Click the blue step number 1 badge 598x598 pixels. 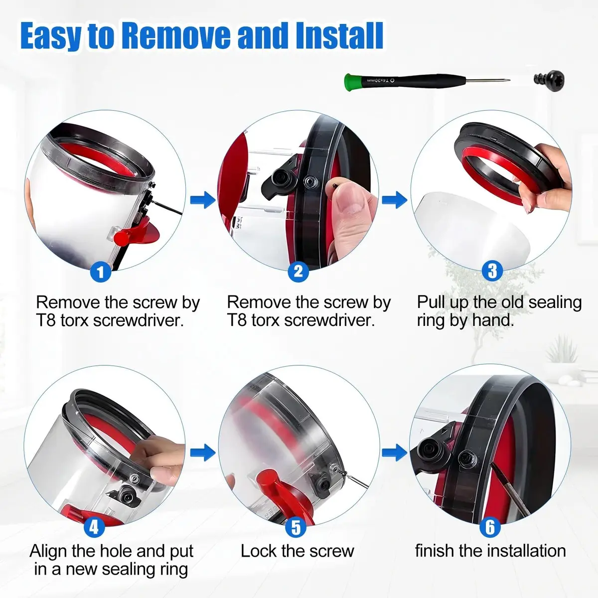coord(101,272)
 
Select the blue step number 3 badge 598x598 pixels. coord(492,271)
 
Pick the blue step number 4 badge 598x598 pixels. coord(94,527)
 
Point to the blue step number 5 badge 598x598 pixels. coord(296,527)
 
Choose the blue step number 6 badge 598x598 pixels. coord(490,527)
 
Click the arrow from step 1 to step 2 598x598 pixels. coord(203,200)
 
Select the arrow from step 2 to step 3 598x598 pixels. coord(394,200)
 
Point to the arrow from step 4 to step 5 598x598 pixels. coord(203,453)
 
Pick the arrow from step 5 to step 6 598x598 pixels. coord(394,453)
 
